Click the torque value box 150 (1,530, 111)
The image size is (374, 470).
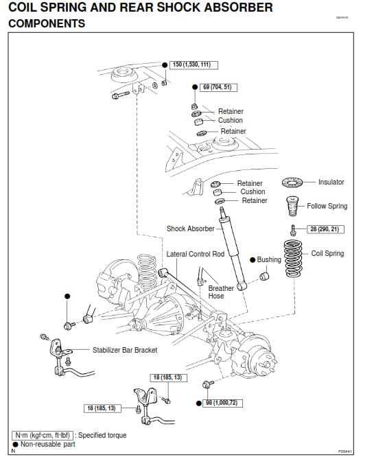(x=191, y=64)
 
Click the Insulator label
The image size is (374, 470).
(x=331, y=183)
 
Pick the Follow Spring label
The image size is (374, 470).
(x=327, y=206)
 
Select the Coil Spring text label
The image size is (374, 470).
(x=327, y=253)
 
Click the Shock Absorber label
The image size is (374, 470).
(x=190, y=228)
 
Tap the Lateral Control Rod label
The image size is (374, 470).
(x=196, y=254)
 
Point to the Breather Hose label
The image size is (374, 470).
(x=221, y=292)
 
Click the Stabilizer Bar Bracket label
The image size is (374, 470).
(x=125, y=350)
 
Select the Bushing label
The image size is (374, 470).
(x=269, y=260)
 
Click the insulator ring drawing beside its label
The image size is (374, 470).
(x=294, y=183)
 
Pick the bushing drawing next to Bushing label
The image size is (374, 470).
(x=263, y=276)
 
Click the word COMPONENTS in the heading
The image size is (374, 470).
(x=47, y=23)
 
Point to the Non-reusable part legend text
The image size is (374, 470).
(x=47, y=444)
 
